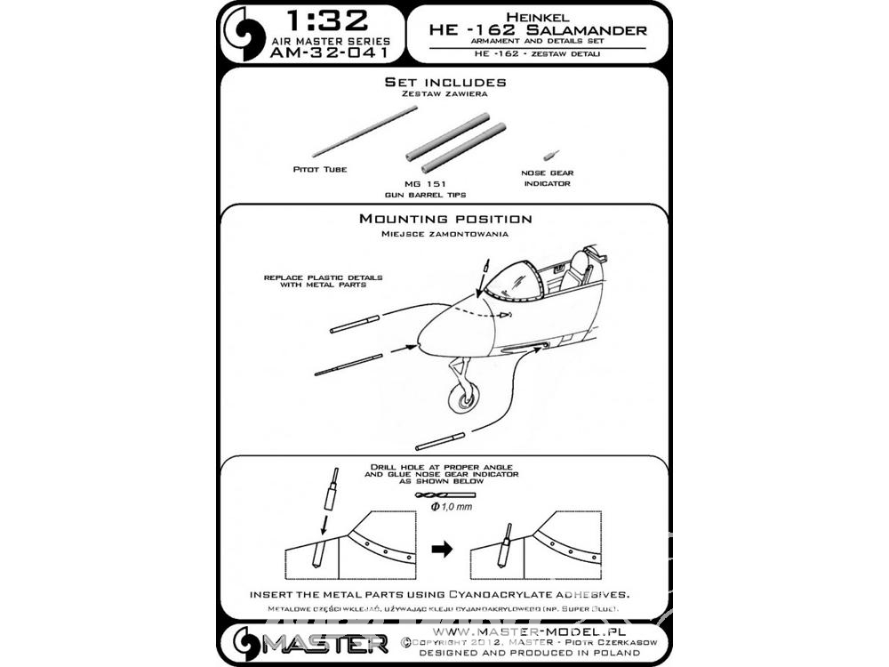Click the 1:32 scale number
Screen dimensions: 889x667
coord(328,21)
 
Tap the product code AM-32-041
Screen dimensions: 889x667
coord(330,52)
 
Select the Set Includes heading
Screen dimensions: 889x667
coord(445,82)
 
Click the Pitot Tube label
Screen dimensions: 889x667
coord(320,169)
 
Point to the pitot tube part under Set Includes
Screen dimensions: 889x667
coord(364,131)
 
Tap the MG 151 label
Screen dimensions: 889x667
coord(425,184)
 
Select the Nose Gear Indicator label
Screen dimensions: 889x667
coord(547,178)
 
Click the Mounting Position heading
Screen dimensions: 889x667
coord(445,219)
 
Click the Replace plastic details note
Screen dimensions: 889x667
coord(324,281)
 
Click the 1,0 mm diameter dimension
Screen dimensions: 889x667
coord(452,507)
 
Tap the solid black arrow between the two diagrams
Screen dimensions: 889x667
coord(442,549)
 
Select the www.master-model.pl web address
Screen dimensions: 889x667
coord(530,631)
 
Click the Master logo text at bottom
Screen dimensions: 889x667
coord(324,644)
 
